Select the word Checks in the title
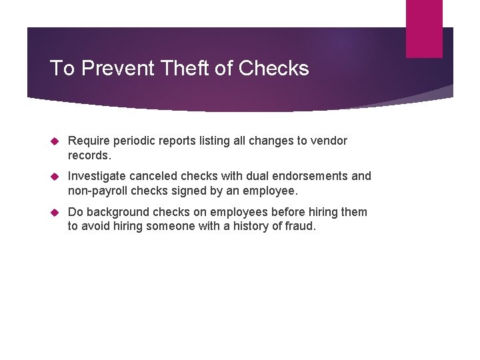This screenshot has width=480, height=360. coord(273,68)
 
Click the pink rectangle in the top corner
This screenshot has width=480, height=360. coord(424,28)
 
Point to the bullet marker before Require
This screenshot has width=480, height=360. coord(56,141)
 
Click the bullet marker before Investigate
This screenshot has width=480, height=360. coord(56,177)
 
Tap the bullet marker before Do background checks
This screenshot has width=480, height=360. coord(56,213)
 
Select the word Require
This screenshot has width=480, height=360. coord(89,141)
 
